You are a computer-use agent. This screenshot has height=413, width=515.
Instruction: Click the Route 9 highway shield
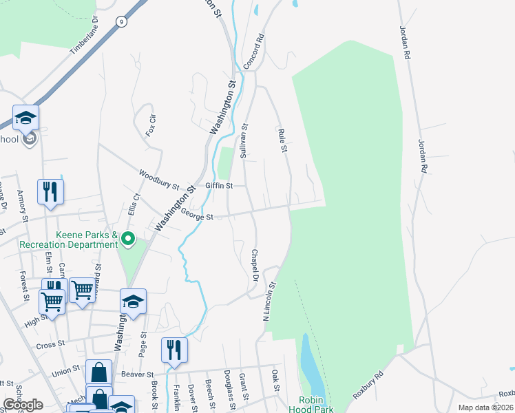121,21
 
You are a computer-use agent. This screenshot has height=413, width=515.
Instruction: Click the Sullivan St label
243,142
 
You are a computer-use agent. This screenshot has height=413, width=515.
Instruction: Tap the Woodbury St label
158,181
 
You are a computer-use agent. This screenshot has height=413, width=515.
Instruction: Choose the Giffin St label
220,185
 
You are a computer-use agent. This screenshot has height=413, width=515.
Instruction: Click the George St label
198,215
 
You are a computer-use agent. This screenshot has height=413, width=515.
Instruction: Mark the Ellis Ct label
134,205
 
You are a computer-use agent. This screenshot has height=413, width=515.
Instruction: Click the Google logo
23,405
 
